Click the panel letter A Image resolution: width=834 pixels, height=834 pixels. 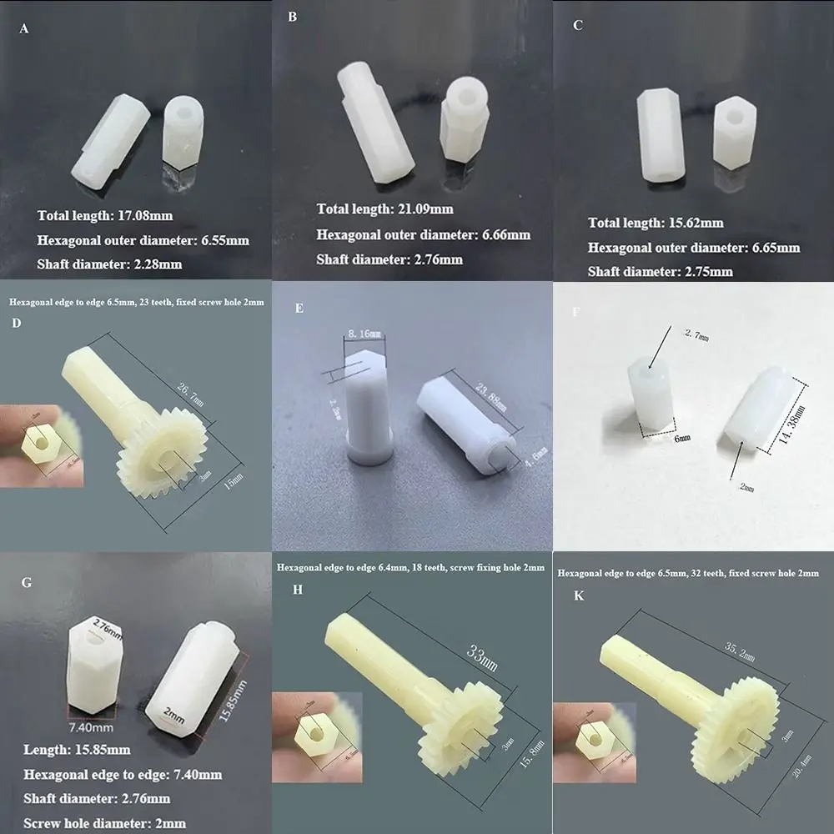[23, 29]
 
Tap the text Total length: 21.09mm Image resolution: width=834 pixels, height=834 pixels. [385, 208]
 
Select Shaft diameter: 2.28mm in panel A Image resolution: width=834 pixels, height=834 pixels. [109, 264]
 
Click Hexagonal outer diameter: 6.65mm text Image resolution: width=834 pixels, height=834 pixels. [693, 248]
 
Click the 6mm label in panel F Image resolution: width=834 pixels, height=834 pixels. [682, 438]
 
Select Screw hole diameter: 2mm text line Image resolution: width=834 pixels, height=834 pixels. [105, 822]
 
